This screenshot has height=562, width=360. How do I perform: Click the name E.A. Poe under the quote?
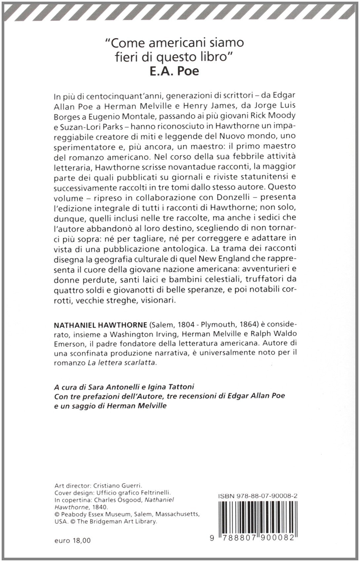(174, 71)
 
